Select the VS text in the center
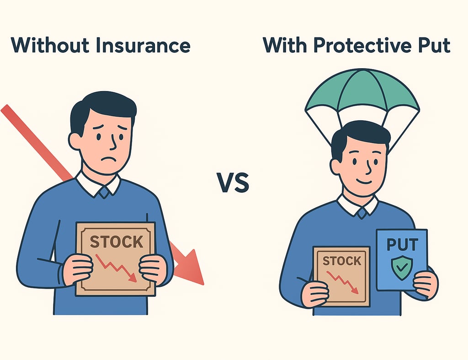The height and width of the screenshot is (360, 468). (x=233, y=183)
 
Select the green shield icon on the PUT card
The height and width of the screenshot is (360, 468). (x=402, y=267)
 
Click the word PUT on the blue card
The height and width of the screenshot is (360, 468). (x=402, y=244)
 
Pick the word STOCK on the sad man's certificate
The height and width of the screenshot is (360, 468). (x=116, y=242)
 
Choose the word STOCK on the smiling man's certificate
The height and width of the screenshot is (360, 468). (x=341, y=261)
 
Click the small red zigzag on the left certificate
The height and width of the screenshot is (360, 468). (x=117, y=268)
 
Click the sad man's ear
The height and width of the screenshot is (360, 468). (x=75, y=140)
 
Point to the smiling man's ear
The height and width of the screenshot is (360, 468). (x=336, y=166)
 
